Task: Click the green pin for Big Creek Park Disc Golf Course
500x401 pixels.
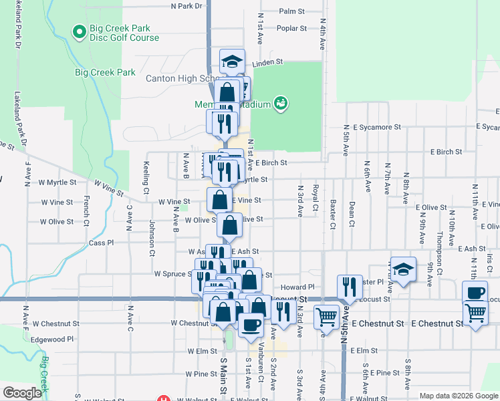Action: click(79, 31)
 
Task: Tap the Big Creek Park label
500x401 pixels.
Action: click(105, 72)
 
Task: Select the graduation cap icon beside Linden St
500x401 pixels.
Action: click(232, 61)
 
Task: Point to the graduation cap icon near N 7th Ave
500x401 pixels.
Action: click(403, 269)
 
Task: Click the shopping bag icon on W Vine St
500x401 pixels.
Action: click(219, 199)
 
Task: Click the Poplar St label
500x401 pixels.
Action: click(291, 28)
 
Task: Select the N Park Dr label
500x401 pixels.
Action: click(186, 6)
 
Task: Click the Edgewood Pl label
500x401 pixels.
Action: click(52, 340)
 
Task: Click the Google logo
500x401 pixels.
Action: click(23, 394)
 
